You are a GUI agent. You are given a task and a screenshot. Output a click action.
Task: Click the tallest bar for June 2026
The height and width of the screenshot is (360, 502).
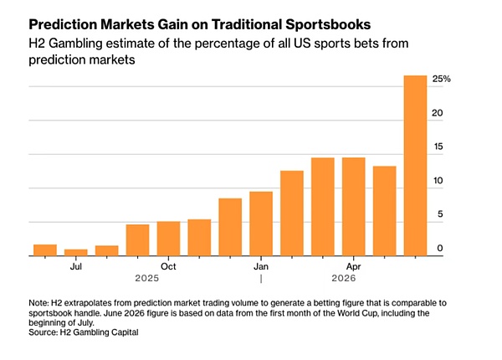click(415, 166)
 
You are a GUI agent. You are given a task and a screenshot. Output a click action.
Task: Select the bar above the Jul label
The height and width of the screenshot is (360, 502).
click(76, 252)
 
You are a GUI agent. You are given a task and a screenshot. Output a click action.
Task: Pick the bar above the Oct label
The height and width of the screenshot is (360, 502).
click(168, 239)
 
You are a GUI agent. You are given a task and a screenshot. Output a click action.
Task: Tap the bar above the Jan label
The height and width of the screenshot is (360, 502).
click(261, 224)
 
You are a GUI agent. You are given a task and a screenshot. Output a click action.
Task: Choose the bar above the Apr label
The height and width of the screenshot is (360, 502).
click(354, 207)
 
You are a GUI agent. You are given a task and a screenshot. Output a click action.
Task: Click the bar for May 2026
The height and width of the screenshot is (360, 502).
click(385, 211)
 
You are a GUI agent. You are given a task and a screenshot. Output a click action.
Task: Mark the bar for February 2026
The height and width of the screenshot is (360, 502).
click(292, 213)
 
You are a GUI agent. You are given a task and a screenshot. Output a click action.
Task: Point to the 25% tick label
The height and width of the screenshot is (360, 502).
click(442, 79)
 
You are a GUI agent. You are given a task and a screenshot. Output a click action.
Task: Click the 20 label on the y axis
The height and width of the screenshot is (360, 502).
click(438, 113)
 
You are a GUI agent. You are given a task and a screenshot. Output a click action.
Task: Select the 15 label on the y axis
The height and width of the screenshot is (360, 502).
click(438, 147)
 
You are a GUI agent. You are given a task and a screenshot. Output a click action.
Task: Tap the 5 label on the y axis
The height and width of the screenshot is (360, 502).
click(440, 214)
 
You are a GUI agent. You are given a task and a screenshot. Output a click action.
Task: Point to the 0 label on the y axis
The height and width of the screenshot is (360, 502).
click(440, 248)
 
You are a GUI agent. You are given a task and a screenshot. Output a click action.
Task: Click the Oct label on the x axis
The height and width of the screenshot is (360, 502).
click(168, 266)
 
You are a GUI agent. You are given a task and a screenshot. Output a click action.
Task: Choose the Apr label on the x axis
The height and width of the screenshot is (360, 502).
click(353, 266)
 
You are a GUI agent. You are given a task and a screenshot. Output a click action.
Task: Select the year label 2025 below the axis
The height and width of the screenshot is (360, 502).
click(147, 278)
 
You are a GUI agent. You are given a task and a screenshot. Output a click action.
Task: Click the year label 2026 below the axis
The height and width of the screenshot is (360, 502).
click(344, 278)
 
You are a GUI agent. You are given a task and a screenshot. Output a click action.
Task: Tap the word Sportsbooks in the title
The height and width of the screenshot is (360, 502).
click(328, 25)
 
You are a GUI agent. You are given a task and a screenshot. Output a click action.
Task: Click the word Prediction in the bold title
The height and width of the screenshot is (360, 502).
click(63, 24)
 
